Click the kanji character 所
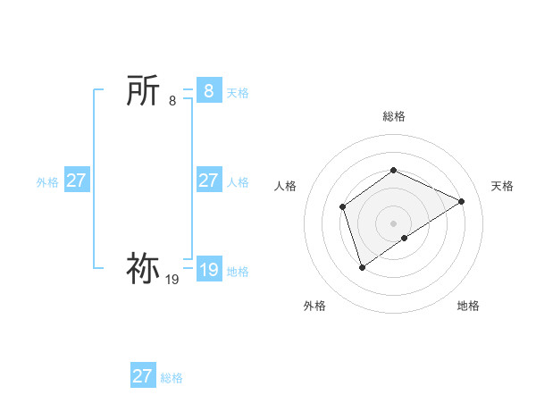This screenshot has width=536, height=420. (x=143, y=91)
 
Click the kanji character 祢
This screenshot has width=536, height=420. (x=143, y=268)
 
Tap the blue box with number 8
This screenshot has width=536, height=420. (x=208, y=91)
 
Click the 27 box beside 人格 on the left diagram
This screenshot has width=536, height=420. (x=208, y=181)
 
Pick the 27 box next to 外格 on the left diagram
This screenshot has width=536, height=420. (x=76, y=181)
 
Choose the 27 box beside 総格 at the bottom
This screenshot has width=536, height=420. (x=142, y=376)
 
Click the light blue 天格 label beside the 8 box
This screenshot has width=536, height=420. (x=238, y=93)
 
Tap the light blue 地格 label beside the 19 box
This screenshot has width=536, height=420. (x=238, y=272)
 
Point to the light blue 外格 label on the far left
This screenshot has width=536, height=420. (x=47, y=182)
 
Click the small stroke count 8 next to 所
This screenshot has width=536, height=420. (x=172, y=101)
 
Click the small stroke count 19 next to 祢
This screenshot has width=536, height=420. (x=172, y=279)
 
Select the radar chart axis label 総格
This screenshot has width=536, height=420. (x=393, y=117)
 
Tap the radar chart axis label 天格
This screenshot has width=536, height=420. (x=502, y=186)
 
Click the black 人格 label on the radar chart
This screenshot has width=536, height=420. (x=285, y=186)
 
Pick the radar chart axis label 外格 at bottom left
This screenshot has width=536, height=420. (x=314, y=306)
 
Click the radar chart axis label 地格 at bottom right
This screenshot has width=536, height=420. (x=468, y=306)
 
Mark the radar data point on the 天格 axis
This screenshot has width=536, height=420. (x=462, y=201)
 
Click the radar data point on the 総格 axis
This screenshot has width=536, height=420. (x=393, y=170)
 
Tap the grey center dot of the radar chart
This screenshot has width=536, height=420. (x=393, y=223)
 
